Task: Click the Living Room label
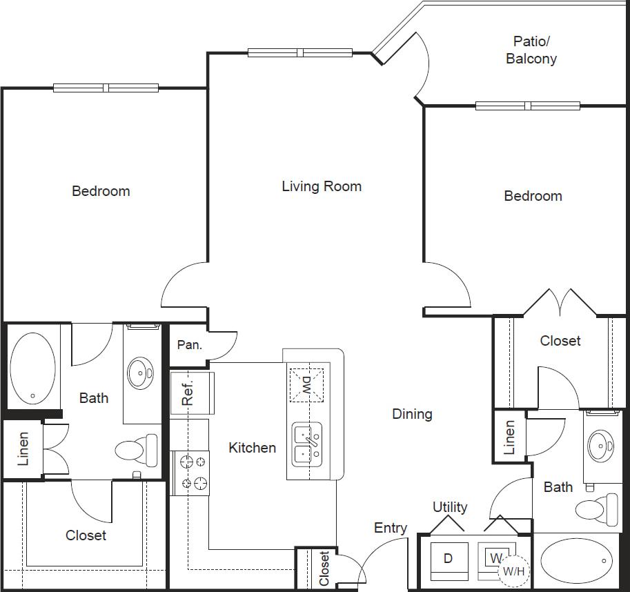(322, 186)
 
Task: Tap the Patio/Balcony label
(531, 50)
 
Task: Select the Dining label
(412, 414)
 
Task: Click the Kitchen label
(252, 448)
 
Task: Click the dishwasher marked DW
(306, 384)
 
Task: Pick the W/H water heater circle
(511, 570)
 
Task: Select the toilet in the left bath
(135, 451)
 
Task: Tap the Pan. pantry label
(190, 344)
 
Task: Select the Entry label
(391, 528)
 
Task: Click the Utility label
(450, 507)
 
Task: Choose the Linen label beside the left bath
(23, 448)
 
